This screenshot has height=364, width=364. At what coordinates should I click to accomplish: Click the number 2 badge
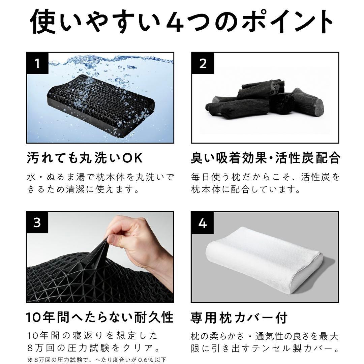click(203, 64)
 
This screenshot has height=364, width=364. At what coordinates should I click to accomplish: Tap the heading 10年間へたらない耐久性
click(100, 317)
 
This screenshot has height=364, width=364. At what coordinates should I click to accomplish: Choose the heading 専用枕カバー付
click(239, 317)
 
